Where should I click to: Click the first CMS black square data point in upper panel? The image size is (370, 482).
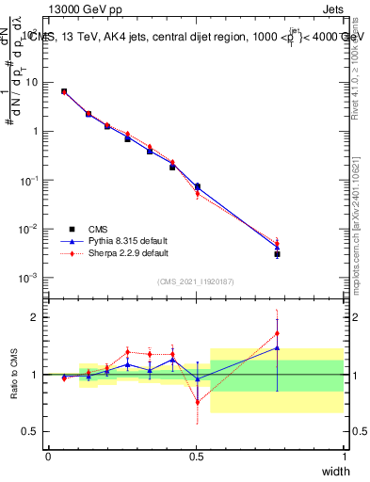pyautogui.click(x=64, y=91)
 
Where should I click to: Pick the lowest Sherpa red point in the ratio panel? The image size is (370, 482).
pyautogui.click(x=197, y=402)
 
